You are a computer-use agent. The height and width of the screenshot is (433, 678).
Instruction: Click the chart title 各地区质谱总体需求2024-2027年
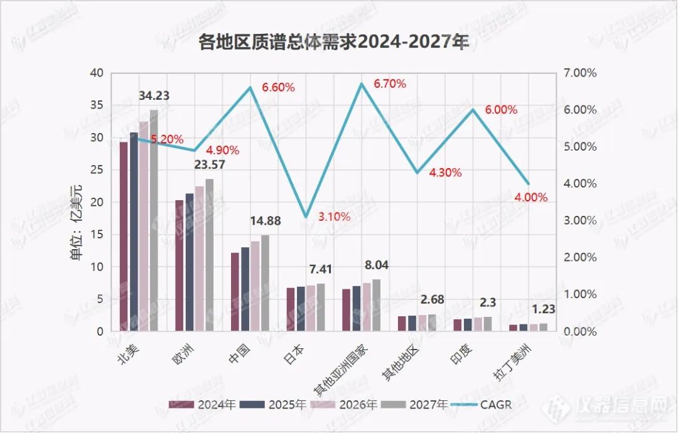pos(333,43)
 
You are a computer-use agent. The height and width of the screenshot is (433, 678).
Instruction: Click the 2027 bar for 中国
pos(265,283)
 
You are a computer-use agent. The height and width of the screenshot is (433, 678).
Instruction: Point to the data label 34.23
pos(154,96)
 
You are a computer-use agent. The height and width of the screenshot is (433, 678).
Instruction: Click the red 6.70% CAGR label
pos(390,83)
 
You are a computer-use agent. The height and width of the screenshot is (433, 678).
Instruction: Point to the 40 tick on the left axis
pos(96,73)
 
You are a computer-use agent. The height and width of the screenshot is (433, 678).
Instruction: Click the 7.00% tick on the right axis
pos(581,73)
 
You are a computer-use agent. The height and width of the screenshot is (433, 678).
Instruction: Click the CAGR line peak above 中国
pos(250,87)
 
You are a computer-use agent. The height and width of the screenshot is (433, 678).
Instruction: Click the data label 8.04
pos(377,265)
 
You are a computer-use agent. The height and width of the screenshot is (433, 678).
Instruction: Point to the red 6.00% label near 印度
pos(501,110)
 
